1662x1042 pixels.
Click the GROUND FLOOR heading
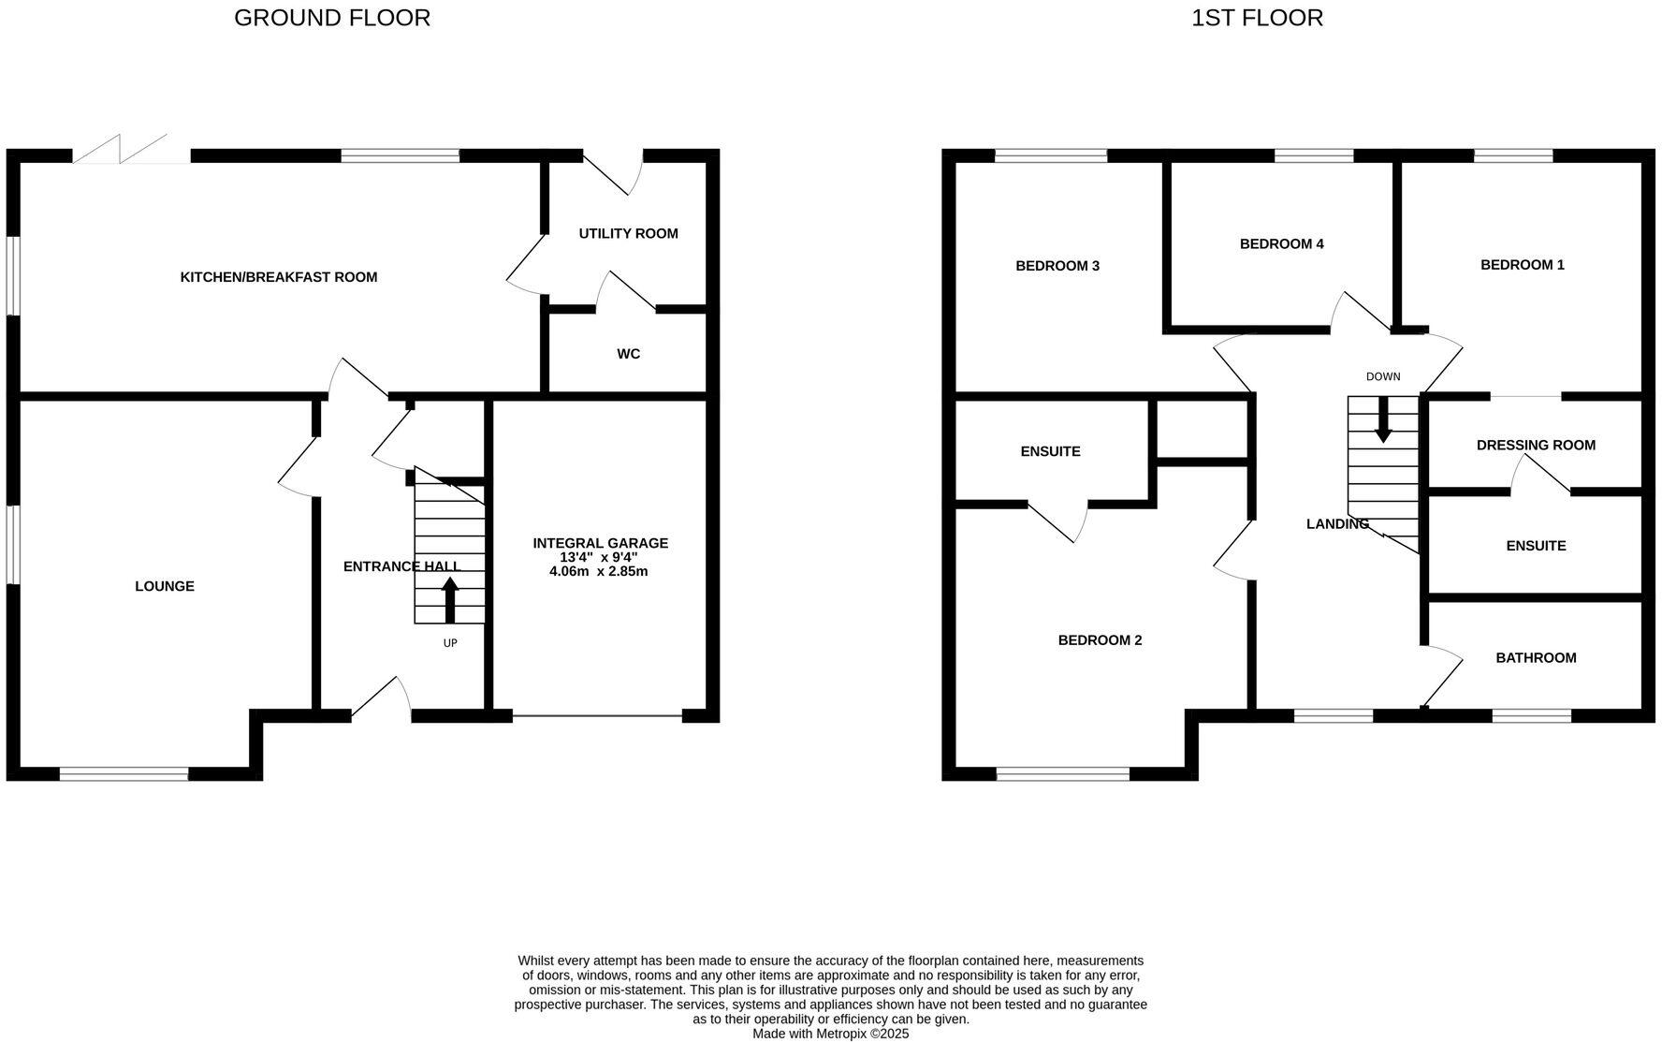tap(331, 18)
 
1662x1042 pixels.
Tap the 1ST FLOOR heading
tap(1256, 18)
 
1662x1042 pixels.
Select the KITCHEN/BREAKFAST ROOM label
tap(278, 277)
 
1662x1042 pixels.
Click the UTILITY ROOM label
tap(628, 233)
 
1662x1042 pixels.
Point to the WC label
tap(628, 354)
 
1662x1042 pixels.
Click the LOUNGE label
tap(165, 586)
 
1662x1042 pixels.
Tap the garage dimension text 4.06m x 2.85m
tap(599, 571)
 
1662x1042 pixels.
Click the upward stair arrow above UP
tap(450, 599)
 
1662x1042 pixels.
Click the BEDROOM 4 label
tap(1281, 244)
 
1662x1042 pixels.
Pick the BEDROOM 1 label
tap(1522, 265)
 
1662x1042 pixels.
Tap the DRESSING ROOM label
tap(1535, 446)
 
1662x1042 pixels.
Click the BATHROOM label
tap(1535, 658)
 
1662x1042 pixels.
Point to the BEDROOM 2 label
tap(1100, 640)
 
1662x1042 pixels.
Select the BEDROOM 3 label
tap(1057, 266)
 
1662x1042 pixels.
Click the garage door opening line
tap(597, 716)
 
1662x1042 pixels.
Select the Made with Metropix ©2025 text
tap(830, 1034)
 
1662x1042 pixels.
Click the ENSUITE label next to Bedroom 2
tap(1050, 451)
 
